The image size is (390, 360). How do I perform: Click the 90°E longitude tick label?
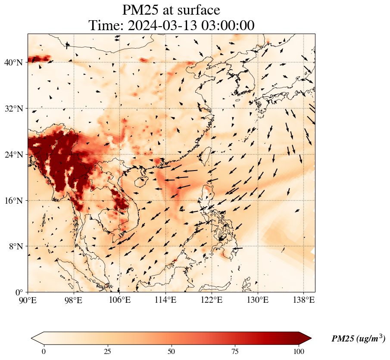28,301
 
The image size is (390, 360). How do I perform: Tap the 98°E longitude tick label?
74,301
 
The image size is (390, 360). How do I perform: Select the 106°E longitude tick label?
120,301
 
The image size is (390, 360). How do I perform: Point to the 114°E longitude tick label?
165,301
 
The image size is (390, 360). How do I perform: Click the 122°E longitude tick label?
212,301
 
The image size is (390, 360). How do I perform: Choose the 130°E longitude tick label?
257,301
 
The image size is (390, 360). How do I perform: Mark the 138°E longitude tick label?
303,301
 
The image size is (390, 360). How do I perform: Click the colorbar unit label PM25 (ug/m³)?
358,339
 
